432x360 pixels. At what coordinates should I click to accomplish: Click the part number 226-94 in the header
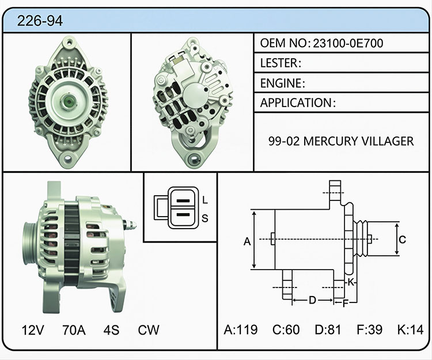tap(40, 21)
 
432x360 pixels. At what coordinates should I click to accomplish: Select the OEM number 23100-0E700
tap(348, 43)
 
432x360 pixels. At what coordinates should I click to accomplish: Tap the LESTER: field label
tap(281, 63)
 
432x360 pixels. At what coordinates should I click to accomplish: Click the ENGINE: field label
tap(283, 83)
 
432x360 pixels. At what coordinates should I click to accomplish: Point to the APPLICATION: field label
tap(298, 103)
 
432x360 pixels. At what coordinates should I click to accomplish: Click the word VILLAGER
tap(388, 141)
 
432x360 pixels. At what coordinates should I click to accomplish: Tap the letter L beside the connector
tap(204, 200)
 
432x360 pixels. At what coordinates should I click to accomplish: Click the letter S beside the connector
tap(204, 218)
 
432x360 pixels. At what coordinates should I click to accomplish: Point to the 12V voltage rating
tap(33, 329)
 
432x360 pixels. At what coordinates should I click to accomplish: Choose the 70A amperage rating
tap(74, 329)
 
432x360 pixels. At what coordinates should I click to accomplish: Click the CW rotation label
tap(149, 329)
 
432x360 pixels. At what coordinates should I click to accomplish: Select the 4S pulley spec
tap(111, 329)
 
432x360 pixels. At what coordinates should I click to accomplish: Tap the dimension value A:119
tap(241, 329)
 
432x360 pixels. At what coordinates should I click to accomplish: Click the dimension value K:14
tap(410, 329)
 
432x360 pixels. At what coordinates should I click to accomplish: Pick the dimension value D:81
tap(328, 329)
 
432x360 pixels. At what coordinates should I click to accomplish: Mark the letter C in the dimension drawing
tap(402, 240)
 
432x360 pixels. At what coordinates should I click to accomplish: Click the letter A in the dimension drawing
tap(247, 241)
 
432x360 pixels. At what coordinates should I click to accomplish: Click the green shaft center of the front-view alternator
tap(68, 101)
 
